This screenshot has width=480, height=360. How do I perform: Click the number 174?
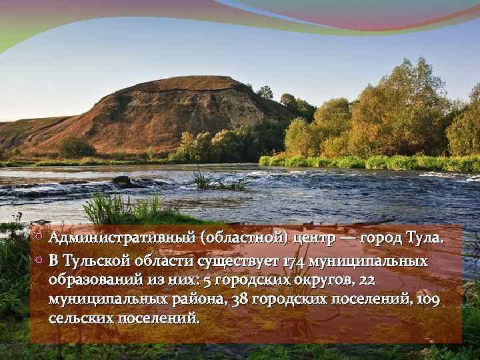click(x=293, y=260)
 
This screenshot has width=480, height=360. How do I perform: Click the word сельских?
click(x=81, y=318)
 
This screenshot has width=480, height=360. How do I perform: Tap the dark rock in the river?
click(x=121, y=180)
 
